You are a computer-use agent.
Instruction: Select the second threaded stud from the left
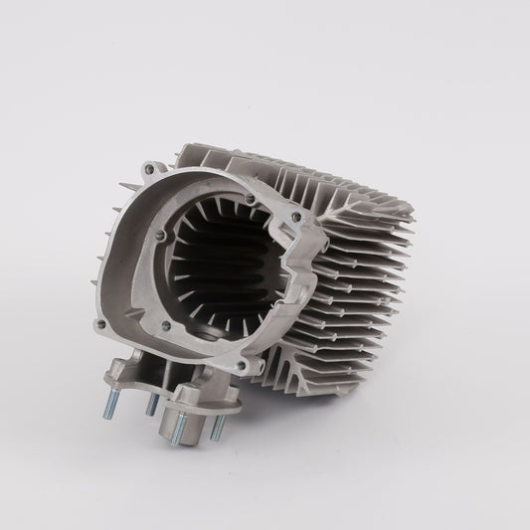point(151,403)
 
